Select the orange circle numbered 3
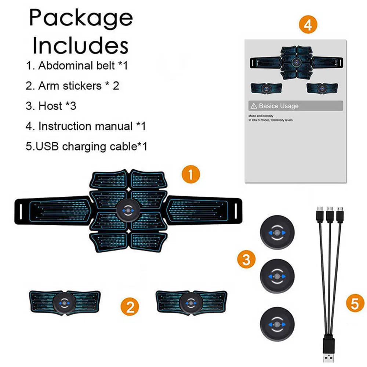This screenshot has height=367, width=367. (x=246, y=259)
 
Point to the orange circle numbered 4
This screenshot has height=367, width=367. (x=308, y=25)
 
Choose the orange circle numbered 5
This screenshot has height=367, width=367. (x=355, y=304)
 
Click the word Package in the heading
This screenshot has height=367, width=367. (x=81, y=18)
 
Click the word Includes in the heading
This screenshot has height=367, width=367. (x=81, y=46)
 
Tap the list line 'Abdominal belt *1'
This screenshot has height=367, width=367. (x=77, y=66)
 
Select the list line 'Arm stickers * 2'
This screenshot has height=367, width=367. (x=72, y=86)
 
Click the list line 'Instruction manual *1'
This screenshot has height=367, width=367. (x=86, y=126)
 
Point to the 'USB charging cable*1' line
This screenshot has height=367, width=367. (x=86, y=146)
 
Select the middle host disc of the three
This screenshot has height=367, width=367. (x=277, y=276)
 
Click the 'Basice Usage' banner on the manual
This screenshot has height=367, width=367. (x=295, y=106)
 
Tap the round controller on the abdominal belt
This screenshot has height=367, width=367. (x=128, y=211)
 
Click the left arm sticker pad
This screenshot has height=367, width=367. (x=65, y=303)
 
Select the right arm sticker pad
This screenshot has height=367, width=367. (x=190, y=303)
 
